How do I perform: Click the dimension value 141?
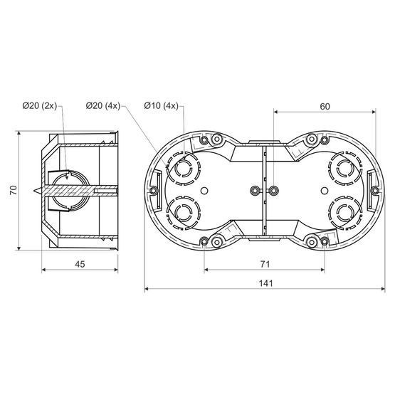(x=265, y=283)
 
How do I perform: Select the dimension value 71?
(x=265, y=264)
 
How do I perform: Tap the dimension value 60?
(x=325, y=107)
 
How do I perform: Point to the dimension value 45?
(x=80, y=264)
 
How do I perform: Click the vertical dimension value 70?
(x=13, y=190)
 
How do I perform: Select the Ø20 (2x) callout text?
(x=40, y=105)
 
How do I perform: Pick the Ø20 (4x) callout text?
(x=103, y=105)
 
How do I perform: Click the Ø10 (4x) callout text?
(x=162, y=105)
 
